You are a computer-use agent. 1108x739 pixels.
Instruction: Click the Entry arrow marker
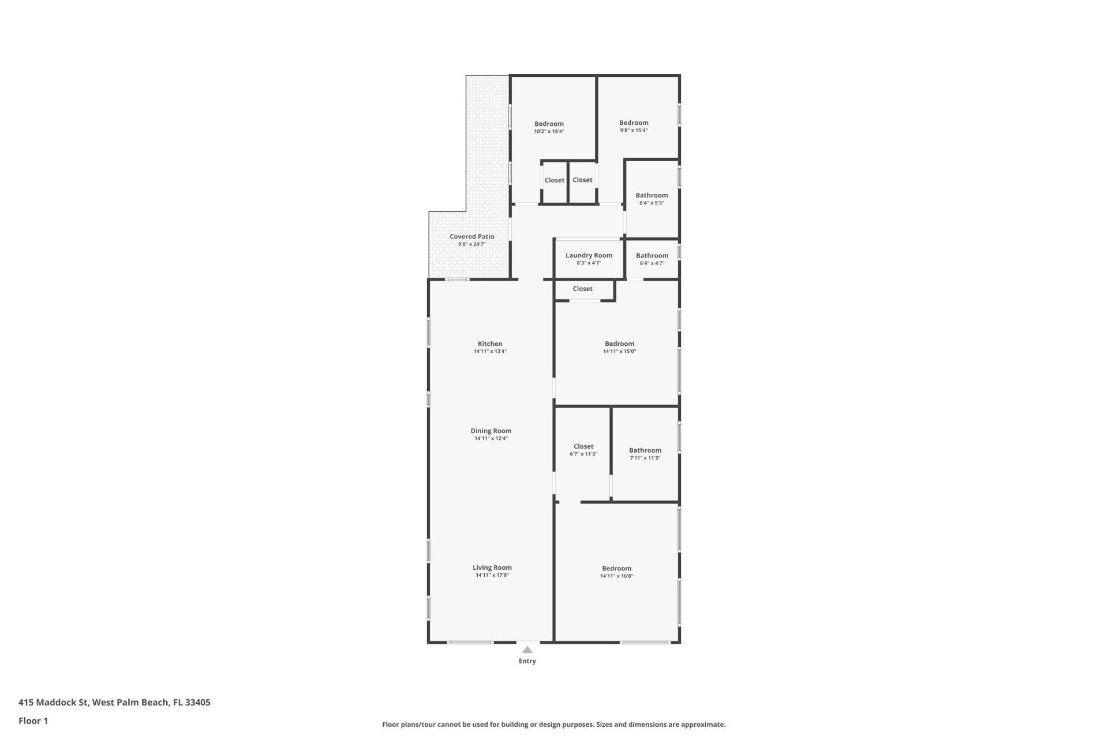527,650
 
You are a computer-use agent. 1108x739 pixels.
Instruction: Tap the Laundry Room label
589,255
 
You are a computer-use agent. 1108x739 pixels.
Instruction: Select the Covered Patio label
472,236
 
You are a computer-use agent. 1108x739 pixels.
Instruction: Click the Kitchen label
490,344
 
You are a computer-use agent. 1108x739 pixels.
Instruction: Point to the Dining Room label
491,431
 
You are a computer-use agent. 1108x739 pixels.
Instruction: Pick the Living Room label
492,568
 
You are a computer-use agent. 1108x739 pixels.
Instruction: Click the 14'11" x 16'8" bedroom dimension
616,576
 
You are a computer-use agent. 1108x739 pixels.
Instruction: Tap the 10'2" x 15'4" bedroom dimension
549,132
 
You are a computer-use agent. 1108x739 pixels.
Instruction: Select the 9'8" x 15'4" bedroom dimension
634,130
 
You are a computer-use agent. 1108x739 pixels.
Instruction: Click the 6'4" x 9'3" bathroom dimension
652,203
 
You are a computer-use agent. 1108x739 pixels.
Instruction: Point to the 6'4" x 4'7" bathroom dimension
652,263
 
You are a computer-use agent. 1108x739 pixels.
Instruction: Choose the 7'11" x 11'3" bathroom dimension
645,458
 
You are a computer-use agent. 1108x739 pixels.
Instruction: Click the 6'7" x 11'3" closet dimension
583,454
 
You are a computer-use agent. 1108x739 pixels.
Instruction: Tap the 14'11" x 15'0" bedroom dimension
619,352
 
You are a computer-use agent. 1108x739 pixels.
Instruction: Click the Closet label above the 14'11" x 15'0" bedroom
583,289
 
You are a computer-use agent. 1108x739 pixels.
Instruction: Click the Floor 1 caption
33,721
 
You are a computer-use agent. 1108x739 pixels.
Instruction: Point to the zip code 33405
198,703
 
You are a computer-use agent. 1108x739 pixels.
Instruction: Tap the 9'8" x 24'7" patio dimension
472,244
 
